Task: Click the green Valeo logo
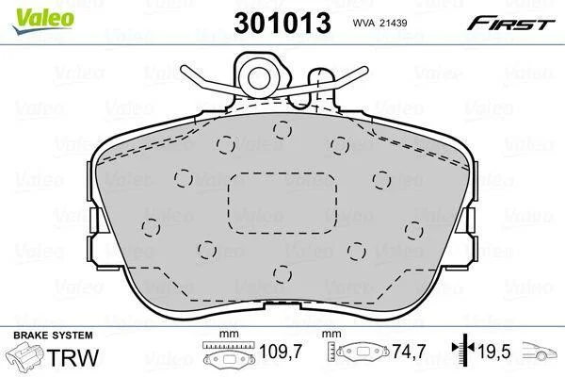(43, 21)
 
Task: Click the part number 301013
(282, 23)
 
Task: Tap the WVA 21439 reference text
(379, 23)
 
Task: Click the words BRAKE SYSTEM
(53, 336)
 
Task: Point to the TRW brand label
(73, 357)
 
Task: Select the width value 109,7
(281, 351)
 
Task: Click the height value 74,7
(409, 351)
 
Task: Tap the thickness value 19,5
(494, 351)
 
